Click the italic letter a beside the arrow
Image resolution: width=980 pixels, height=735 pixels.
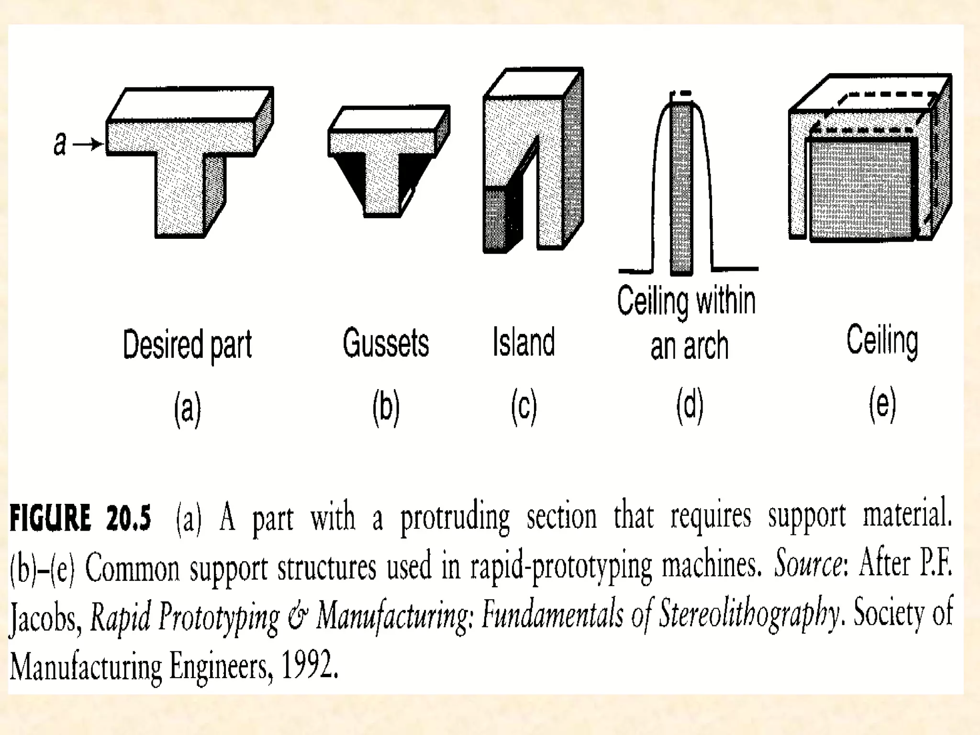[x=60, y=144]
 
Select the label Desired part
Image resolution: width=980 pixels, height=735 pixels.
[x=187, y=345]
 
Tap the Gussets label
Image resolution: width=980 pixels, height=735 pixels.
[x=386, y=343]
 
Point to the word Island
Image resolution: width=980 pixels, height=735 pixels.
[x=524, y=342]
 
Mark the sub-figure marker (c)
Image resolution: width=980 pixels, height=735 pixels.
[x=524, y=407]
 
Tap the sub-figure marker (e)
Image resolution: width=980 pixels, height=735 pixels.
[x=882, y=405]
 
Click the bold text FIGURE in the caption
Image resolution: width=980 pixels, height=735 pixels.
[x=50, y=519]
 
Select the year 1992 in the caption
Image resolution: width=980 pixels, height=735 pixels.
[x=309, y=665]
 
